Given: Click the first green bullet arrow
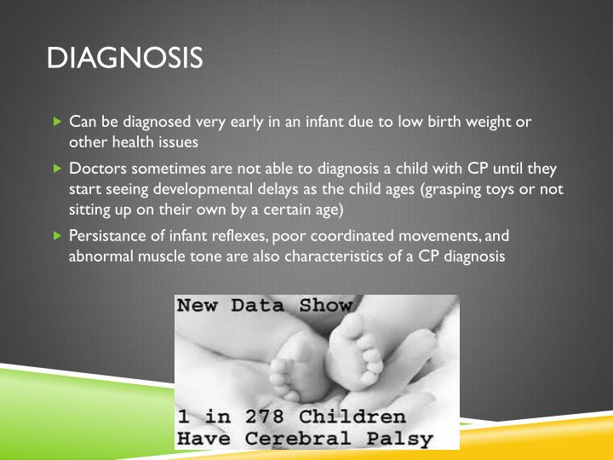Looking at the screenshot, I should coord(57,121).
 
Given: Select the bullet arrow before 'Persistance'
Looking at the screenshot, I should coord(57,234).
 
